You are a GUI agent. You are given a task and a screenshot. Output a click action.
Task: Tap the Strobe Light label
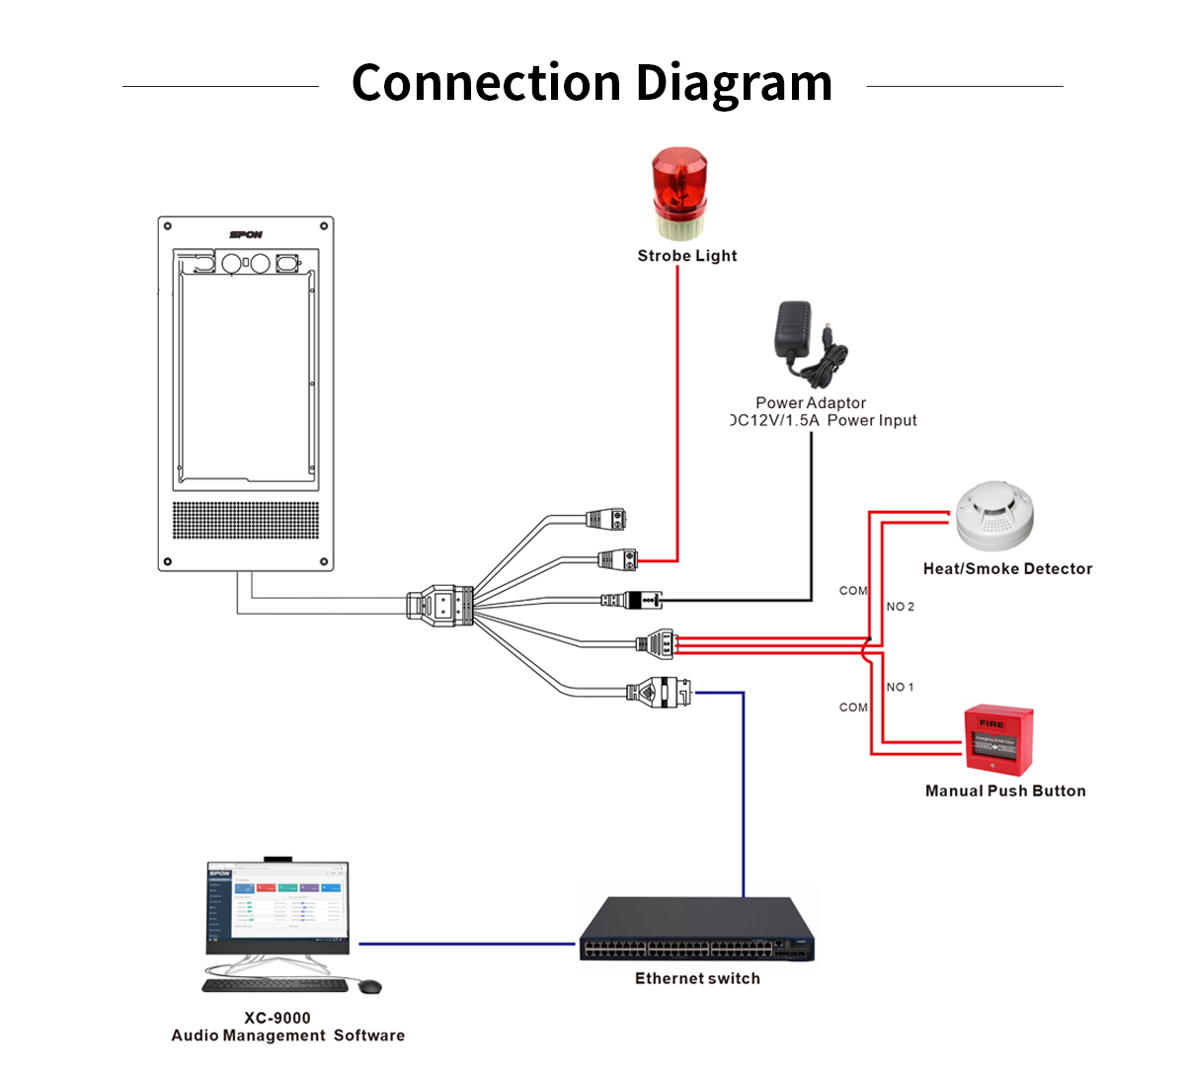click(x=687, y=256)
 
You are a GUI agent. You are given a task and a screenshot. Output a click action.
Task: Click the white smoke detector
click(x=993, y=515)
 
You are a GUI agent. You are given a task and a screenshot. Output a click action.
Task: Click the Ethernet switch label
click(x=697, y=978)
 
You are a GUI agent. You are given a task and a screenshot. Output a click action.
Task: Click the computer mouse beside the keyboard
click(x=369, y=986)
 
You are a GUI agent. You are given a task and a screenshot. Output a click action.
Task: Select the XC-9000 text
click(x=277, y=1018)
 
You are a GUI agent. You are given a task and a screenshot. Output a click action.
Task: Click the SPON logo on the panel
click(x=246, y=234)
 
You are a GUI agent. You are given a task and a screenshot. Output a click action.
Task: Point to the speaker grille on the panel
click(x=246, y=520)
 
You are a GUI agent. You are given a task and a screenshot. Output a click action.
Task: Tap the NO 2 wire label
click(x=900, y=607)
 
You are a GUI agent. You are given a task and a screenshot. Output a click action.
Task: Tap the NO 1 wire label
click(x=900, y=687)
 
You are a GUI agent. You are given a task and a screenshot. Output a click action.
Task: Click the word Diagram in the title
click(x=734, y=83)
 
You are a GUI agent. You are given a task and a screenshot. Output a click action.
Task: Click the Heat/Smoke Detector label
click(x=1007, y=569)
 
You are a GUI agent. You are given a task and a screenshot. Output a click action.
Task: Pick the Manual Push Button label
click(x=1005, y=791)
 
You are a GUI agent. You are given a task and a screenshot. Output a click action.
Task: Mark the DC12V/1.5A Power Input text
click(x=824, y=420)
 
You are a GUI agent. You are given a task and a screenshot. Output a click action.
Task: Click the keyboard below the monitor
click(x=276, y=985)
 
